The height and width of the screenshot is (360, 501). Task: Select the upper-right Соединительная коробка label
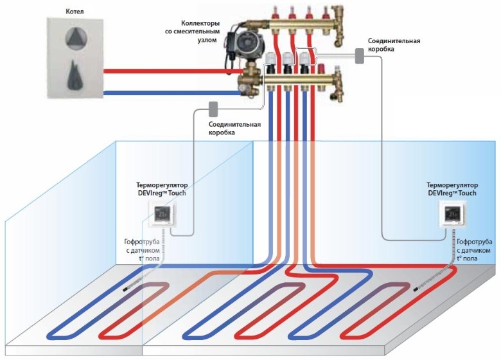point(394,44)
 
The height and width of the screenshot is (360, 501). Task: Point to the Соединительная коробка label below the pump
point(234,128)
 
